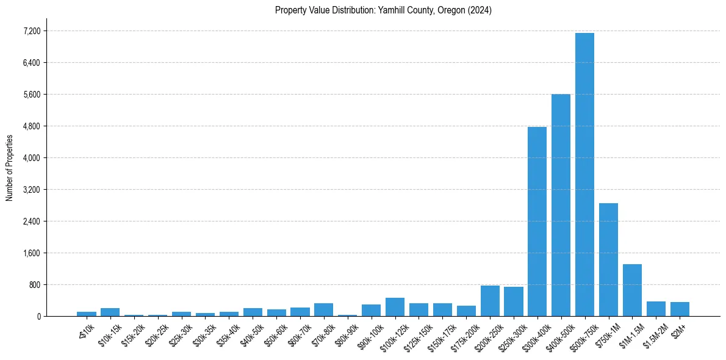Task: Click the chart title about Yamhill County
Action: (383, 10)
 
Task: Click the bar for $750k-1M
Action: (608, 259)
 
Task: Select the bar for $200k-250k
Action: (490, 301)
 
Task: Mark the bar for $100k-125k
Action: (395, 307)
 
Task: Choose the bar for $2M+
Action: (680, 309)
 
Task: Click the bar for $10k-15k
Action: (110, 312)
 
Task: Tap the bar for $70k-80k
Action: (323, 310)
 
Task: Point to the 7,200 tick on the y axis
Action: (32, 31)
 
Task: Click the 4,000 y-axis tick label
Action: (32, 158)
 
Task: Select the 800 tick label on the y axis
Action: (34, 285)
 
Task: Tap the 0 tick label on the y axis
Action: (38, 317)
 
